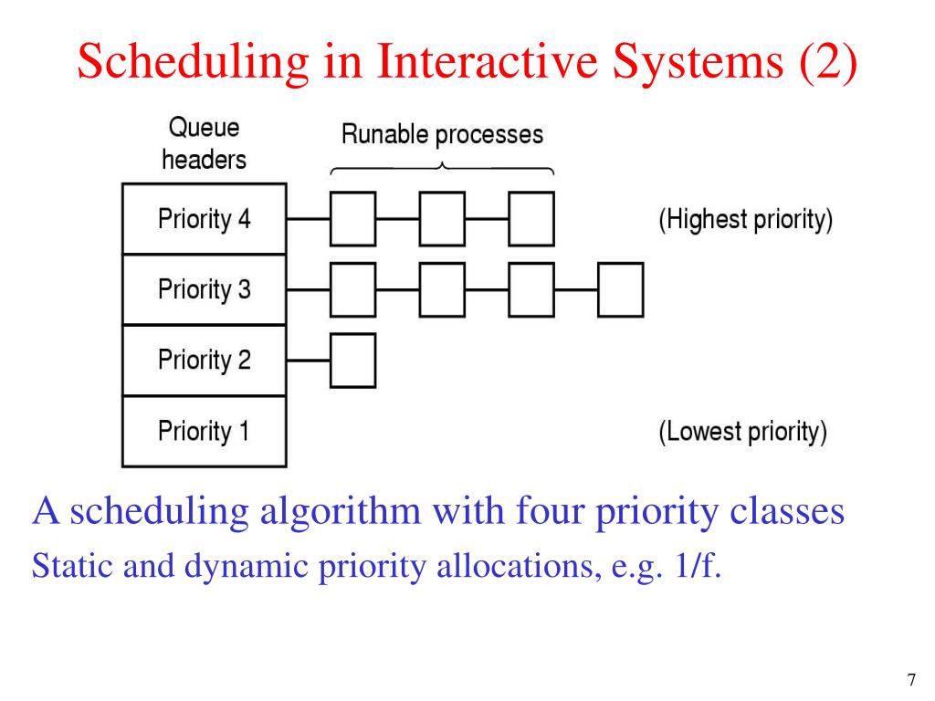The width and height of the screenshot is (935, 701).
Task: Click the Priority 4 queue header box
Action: pos(204,219)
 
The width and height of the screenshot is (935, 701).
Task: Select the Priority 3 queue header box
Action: pos(204,289)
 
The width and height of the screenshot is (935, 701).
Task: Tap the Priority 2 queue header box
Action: pos(204,360)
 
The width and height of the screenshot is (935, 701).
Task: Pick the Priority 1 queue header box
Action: pos(204,430)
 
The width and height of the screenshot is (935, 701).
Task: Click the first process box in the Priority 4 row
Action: pos(352,219)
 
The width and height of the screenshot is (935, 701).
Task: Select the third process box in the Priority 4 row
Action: pos(531,219)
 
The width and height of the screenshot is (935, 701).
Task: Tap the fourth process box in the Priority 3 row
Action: pos(620,289)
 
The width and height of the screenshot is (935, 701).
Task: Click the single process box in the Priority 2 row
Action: pos(352,360)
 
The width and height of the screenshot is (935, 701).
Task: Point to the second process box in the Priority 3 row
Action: pos(441,289)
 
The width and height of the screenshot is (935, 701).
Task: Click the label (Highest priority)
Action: pos(745,220)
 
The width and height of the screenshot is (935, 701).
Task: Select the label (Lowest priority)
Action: pos(743,431)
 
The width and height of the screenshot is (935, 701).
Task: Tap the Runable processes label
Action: pos(442,135)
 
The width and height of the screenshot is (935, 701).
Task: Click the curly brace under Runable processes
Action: pos(442,168)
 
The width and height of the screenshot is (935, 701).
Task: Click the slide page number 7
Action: pos(910,680)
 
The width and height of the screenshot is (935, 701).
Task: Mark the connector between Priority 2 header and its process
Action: pos(308,360)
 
